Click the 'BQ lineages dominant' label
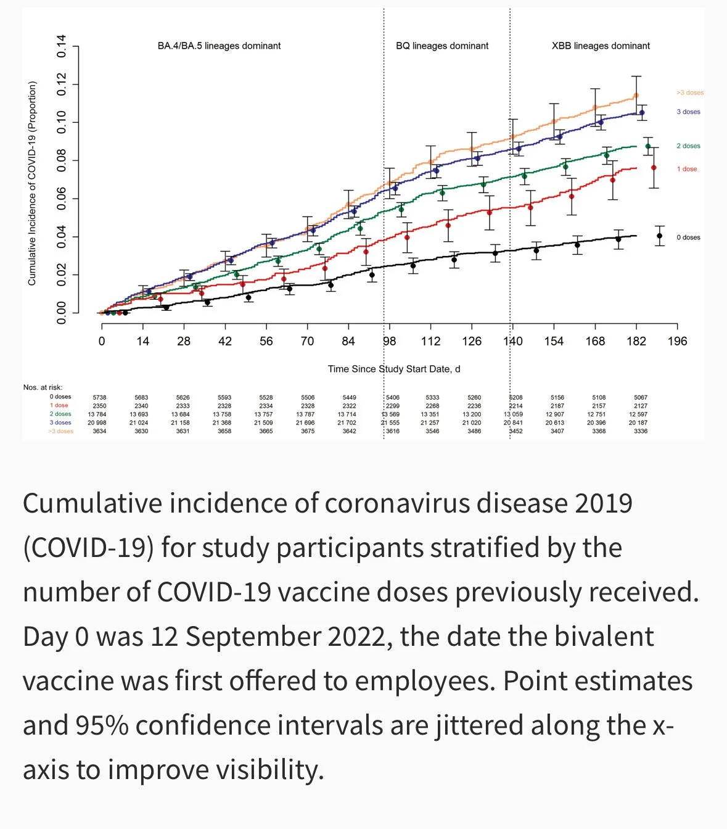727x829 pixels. click(442, 46)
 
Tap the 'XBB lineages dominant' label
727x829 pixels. click(601, 46)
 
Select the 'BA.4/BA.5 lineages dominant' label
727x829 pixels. click(219, 46)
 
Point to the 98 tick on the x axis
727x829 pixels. click(389, 341)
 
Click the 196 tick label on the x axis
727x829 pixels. click(677, 341)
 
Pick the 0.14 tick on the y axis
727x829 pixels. click(62, 46)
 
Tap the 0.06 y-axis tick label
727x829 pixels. click(62, 199)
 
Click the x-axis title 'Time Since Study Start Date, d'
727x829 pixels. click(394, 369)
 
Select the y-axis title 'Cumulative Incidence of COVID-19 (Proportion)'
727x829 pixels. click(32, 183)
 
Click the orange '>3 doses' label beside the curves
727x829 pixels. click(689, 93)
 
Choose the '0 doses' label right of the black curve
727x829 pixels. click(688, 237)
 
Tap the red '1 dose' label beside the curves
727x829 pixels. click(686, 169)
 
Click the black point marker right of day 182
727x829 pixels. click(659, 236)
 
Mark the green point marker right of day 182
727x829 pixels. click(647, 146)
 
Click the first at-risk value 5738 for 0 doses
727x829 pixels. click(99, 398)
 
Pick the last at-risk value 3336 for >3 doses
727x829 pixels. click(641, 431)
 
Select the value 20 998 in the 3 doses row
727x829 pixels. click(97, 423)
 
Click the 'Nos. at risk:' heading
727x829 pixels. click(43, 387)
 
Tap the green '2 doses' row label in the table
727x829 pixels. click(60, 414)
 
